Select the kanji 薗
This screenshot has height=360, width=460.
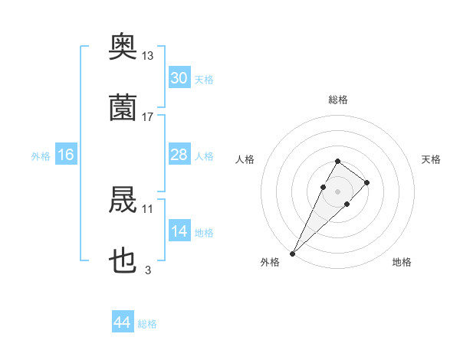pos(123,107)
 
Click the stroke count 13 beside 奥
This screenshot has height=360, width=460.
pos(147,55)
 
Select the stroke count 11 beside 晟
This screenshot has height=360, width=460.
pos(147,208)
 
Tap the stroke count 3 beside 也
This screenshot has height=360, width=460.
pos(148,270)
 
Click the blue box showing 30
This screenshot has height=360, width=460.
pos(179,78)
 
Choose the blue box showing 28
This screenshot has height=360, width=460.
pos(179,155)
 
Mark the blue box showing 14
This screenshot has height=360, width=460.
pos(179,231)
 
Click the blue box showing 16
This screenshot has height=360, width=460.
pos(65,155)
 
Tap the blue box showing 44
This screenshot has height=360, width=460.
pos(123,323)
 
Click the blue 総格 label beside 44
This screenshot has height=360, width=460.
pos(147,324)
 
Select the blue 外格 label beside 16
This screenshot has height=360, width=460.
pos(41,156)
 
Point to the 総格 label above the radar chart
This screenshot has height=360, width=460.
pos(338,100)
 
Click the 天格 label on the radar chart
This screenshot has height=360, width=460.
pos(432,159)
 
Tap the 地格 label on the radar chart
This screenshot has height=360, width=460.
pos(402,262)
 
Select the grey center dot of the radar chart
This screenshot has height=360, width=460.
pos(337,190)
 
